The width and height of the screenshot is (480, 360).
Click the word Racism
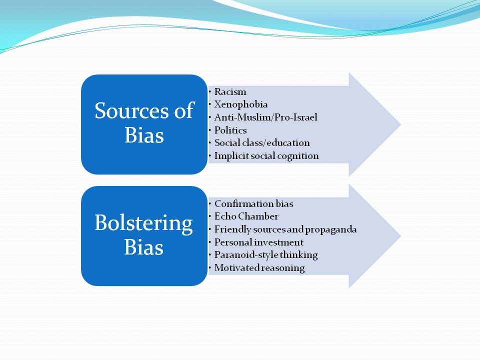pos(230,91)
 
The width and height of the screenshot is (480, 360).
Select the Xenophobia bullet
pos(241,104)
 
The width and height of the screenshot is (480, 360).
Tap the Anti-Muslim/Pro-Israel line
pos(265,117)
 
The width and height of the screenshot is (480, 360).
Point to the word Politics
pos(230,130)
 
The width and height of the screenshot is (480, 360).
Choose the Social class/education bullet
pos(262,143)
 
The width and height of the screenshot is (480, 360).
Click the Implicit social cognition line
pos(266,156)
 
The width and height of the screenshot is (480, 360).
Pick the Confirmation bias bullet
pos(254,203)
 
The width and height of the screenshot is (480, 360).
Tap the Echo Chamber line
pos(246,216)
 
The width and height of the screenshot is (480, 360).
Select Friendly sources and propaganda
pos(285,229)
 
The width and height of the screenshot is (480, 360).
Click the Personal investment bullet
pos(259,242)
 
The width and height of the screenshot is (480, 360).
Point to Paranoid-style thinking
pos(266,255)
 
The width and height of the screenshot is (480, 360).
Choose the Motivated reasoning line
pos(259,268)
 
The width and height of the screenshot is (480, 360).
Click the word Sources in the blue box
pos(132,110)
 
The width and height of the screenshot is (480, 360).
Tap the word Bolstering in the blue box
pos(143,223)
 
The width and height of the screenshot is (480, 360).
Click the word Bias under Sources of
pos(144,135)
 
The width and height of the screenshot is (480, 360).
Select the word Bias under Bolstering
pos(144,246)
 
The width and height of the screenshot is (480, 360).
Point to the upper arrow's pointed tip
pos(400,124)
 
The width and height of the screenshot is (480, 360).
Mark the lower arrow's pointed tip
pos(400,236)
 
